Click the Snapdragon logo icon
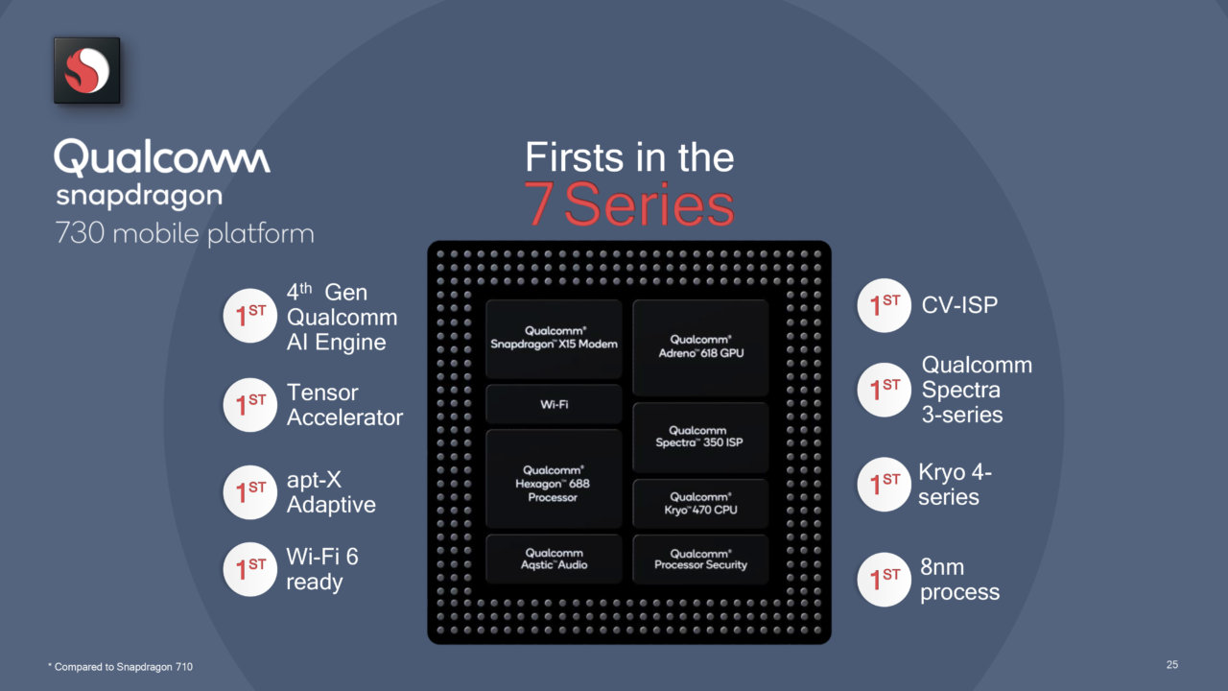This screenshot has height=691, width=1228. coord(86,70)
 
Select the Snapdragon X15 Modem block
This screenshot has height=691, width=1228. coord(554,339)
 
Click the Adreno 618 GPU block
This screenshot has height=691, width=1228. coord(700,347)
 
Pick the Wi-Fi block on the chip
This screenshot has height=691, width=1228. coord(554,404)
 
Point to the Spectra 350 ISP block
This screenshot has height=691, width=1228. coord(700,437)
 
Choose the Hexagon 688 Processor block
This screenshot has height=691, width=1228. coord(554,478)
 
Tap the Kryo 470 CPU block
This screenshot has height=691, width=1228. coord(700,504)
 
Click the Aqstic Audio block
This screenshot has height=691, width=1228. coord(554,559)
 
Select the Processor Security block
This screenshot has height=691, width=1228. coord(700,559)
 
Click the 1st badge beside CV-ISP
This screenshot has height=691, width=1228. coord(885,305)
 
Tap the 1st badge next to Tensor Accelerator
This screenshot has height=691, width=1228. coord(250,405)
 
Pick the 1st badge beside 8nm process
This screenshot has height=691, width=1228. coord(885,580)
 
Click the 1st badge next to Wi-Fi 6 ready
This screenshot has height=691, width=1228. coord(250,569)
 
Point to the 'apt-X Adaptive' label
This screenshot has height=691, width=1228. coord(331,492)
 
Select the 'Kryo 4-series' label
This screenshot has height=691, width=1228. coord(955,485)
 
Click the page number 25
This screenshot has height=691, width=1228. coord(1172,665)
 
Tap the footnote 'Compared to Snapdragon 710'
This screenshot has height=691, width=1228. coord(121,667)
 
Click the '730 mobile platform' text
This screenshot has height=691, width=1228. coord(185,233)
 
